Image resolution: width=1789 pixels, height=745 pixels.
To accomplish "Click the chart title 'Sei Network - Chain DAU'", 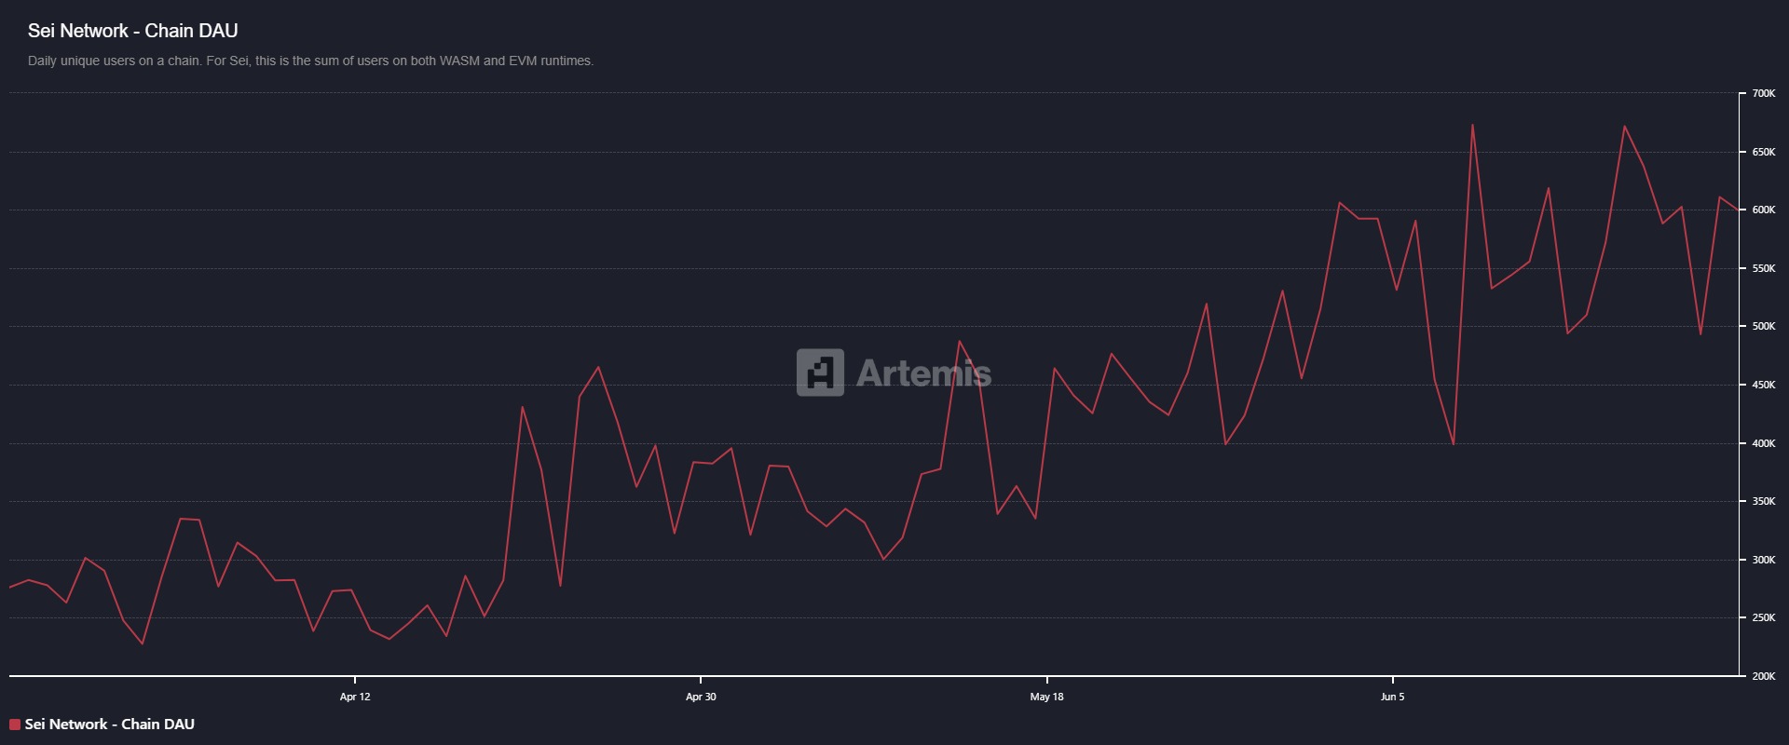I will point(132,31).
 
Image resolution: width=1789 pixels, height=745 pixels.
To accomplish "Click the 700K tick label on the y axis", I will point(1763,94).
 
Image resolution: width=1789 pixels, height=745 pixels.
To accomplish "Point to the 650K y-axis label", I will point(1763,152).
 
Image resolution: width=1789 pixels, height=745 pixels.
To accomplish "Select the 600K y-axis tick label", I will point(1763,210).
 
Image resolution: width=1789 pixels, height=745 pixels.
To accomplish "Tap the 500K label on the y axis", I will point(1763,327).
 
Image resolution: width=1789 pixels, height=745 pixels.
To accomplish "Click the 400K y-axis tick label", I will point(1763,443).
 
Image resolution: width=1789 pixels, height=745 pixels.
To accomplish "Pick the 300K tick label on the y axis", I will point(1763,560).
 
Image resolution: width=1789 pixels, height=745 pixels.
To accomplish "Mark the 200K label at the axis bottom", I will point(1763,676).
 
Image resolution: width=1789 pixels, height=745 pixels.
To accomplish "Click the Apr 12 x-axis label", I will point(355,697).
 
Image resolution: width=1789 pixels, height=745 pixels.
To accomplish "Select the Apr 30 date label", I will point(701,697).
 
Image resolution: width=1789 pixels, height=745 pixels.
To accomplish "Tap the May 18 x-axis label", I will point(1046,697).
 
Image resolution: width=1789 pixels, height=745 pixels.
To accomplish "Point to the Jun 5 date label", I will point(1392,697).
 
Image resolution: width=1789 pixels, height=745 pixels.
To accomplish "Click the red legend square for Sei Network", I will point(15,725).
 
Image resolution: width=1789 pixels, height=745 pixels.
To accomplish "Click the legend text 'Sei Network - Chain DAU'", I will point(110,725).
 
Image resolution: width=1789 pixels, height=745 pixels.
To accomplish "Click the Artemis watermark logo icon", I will point(820,372).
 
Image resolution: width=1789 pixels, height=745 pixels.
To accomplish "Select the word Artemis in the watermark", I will point(923,373).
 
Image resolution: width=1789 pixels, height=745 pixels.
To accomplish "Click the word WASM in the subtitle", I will point(459,61).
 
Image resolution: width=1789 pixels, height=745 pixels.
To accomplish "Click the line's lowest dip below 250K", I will point(143,643).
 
